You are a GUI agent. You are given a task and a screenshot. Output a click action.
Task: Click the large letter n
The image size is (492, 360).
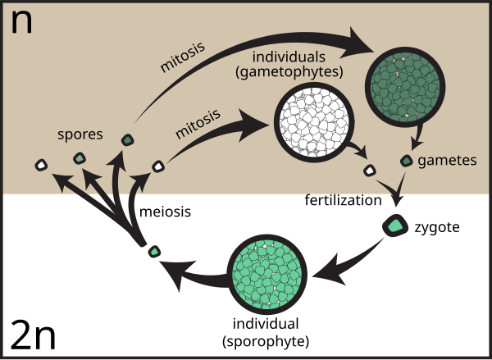21,22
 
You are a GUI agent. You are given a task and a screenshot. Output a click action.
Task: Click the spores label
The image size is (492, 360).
80,134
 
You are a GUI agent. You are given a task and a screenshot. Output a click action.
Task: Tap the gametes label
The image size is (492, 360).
447,161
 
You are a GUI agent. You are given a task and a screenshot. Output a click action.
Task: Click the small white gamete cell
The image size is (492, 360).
370,171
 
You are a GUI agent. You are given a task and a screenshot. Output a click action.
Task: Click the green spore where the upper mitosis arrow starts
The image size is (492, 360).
128,140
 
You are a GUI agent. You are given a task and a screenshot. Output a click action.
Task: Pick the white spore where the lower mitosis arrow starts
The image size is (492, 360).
158,166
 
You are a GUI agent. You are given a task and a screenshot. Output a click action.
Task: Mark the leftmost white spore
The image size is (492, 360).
40,166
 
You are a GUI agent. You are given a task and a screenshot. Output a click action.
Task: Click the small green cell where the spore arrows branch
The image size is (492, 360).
153,250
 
